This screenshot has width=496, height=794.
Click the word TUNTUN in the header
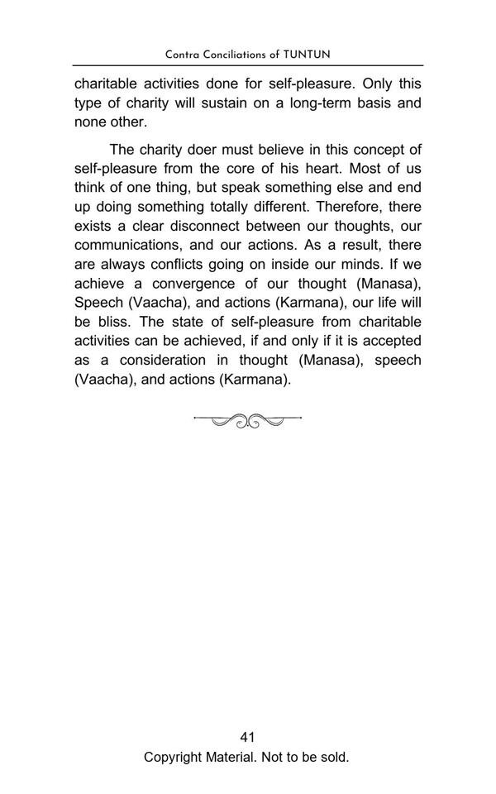[307, 55]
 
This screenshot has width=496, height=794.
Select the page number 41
[247, 738]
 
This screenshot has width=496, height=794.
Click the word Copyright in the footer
[175, 757]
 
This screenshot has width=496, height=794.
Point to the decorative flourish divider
[247, 421]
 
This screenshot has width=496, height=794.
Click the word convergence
[194, 284]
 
